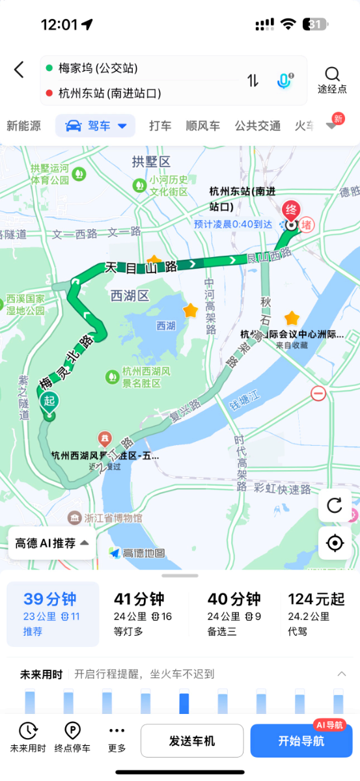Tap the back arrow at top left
(19, 70)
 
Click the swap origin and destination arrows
(253, 81)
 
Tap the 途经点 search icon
(332, 74)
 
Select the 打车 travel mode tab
(160, 126)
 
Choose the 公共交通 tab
(258, 126)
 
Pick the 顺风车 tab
(203, 126)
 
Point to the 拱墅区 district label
(150, 161)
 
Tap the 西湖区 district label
(130, 296)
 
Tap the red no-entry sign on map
(318, 393)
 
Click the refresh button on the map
(335, 505)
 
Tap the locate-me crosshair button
(335, 543)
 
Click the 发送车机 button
(192, 741)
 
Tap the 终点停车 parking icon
(72, 737)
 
